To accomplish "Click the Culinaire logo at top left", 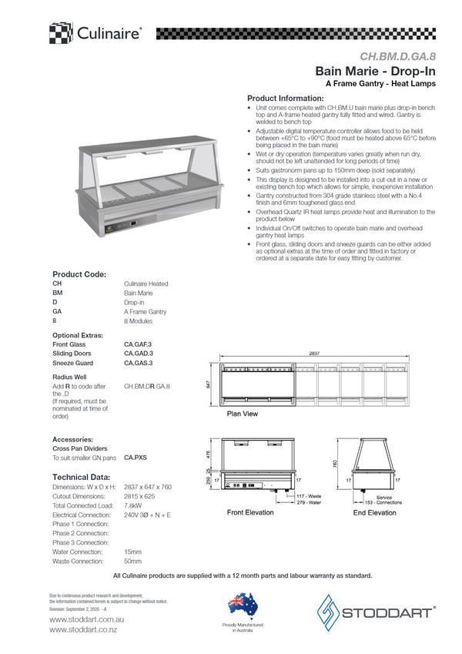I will click(x=95, y=33).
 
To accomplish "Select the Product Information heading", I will click(x=285, y=99).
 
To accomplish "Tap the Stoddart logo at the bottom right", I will click(x=377, y=613).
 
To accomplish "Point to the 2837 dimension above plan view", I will click(x=314, y=353).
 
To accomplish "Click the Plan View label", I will click(x=243, y=414).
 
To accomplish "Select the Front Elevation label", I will click(x=249, y=512).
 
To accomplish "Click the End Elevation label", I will click(x=374, y=512).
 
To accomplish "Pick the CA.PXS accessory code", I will click(x=135, y=457).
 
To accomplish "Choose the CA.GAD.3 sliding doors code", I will click(x=139, y=353).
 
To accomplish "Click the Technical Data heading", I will click(x=81, y=477).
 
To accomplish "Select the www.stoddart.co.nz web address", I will click(x=83, y=629).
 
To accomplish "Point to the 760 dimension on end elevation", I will click(x=334, y=465).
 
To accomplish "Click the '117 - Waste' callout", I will click(x=308, y=496).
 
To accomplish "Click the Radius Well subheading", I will click(x=69, y=376).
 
